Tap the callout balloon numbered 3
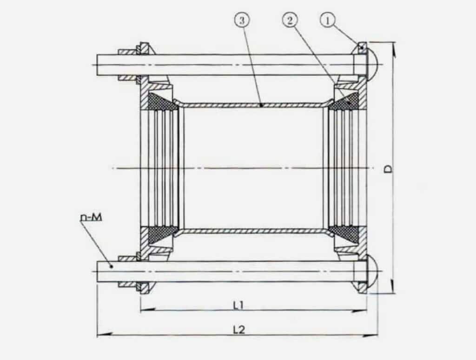(x=243, y=20)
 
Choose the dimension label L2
(x=239, y=329)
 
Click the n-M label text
(x=91, y=217)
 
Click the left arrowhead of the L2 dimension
(x=99, y=335)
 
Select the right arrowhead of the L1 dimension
(x=364, y=310)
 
